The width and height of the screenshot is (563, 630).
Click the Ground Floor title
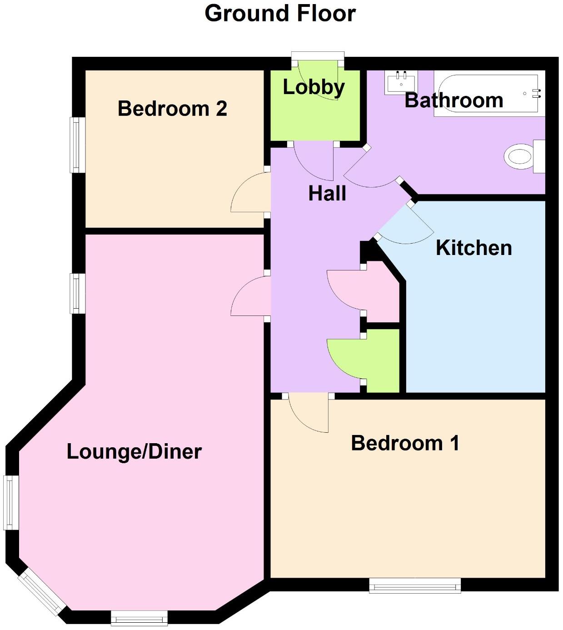pyautogui.click(x=280, y=13)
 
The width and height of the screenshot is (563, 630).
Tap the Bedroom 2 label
pyautogui.click(x=172, y=109)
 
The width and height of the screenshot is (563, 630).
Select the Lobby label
pyautogui.click(x=314, y=87)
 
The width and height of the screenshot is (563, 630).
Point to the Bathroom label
pyautogui.click(x=453, y=100)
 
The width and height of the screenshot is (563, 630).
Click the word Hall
pyautogui.click(x=327, y=194)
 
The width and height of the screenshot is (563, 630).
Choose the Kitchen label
pyautogui.click(x=473, y=248)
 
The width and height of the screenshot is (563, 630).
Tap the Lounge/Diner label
pyautogui.click(x=134, y=452)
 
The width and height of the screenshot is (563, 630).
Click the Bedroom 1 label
pyautogui.click(x=405, y=443)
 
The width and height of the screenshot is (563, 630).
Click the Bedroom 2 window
pyautogui.click(x=78, y=145)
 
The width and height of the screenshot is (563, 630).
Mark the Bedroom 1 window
pyautogui.click(x=414, y=585)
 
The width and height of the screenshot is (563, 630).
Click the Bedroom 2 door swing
pyautogui.click(x=250, y=195)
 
